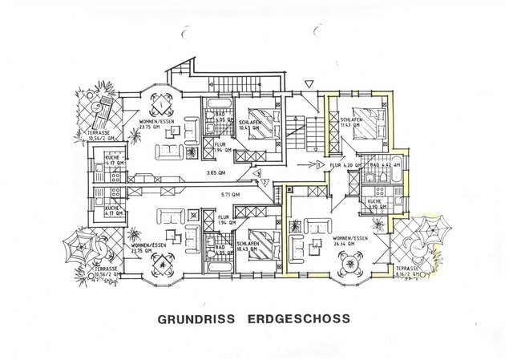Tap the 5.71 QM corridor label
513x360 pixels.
click(231, 195)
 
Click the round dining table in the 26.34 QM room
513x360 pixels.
click(350, 261)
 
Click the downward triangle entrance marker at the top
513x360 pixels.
click(309, 83)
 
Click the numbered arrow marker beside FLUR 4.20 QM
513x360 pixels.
click(319, 164)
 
